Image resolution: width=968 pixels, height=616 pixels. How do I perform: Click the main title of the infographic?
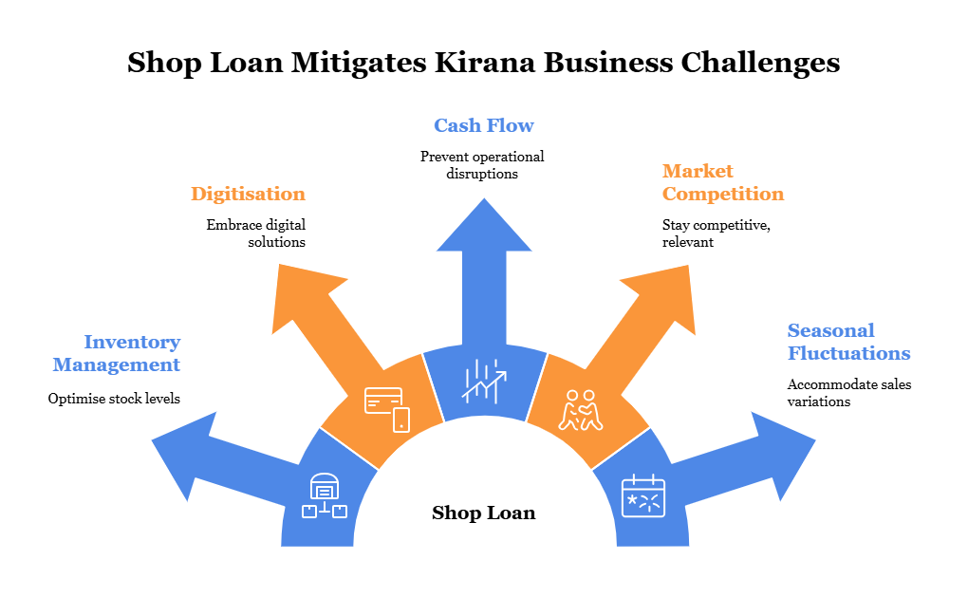pyautogui.click(x=483, y=63)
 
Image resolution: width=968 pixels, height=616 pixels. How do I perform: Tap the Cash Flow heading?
pyautogui.click(x=483, y=125)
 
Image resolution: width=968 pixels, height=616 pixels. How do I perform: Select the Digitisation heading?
pyautogui.click(x=248, y=194)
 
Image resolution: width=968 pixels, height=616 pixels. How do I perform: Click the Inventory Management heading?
pyautogui.click(x=117, y=353)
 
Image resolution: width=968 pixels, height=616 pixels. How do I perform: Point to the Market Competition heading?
pyautogui.click(x=722, y=182)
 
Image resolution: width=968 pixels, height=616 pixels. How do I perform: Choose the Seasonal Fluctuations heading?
pyautogui.click(x=848, y=342)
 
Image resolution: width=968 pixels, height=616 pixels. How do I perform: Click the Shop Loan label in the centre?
pyautogui.click(x=483, y=513)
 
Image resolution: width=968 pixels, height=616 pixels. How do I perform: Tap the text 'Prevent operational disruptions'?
pyautogui.click(x=482, y=165)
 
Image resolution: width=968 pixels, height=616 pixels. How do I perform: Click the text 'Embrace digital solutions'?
pyautogui.click(x=256, y=233)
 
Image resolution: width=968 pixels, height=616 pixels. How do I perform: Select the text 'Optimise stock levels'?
pyautogui.click(x=114, y=399)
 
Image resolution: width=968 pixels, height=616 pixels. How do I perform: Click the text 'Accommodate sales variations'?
pyautogui.click(x=848, y=393)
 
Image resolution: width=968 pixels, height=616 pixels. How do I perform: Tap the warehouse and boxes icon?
pyautogui.click(x=325, y=496)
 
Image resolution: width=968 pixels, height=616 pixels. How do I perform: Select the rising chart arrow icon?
pyautogui.click(x=484, y=380)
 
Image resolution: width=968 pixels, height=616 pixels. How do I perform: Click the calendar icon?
pyautogui.click(x=642, y=496)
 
